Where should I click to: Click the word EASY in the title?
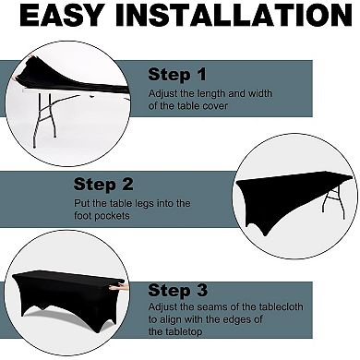[x=61, y=15]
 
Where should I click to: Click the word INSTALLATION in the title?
[x=234, y=15]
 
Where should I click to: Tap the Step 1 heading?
[x=177, y=75]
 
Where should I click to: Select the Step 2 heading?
[x=103, y=185]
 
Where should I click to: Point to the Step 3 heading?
[x=178, y=291]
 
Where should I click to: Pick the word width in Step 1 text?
[x=260, y=93]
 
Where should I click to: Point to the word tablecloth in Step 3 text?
[x=281, y=306]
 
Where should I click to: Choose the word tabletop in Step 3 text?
[x=184, y=331]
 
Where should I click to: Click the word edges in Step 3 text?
[x=235, y=319]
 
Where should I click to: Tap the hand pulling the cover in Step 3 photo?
[x=121, y=288]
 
